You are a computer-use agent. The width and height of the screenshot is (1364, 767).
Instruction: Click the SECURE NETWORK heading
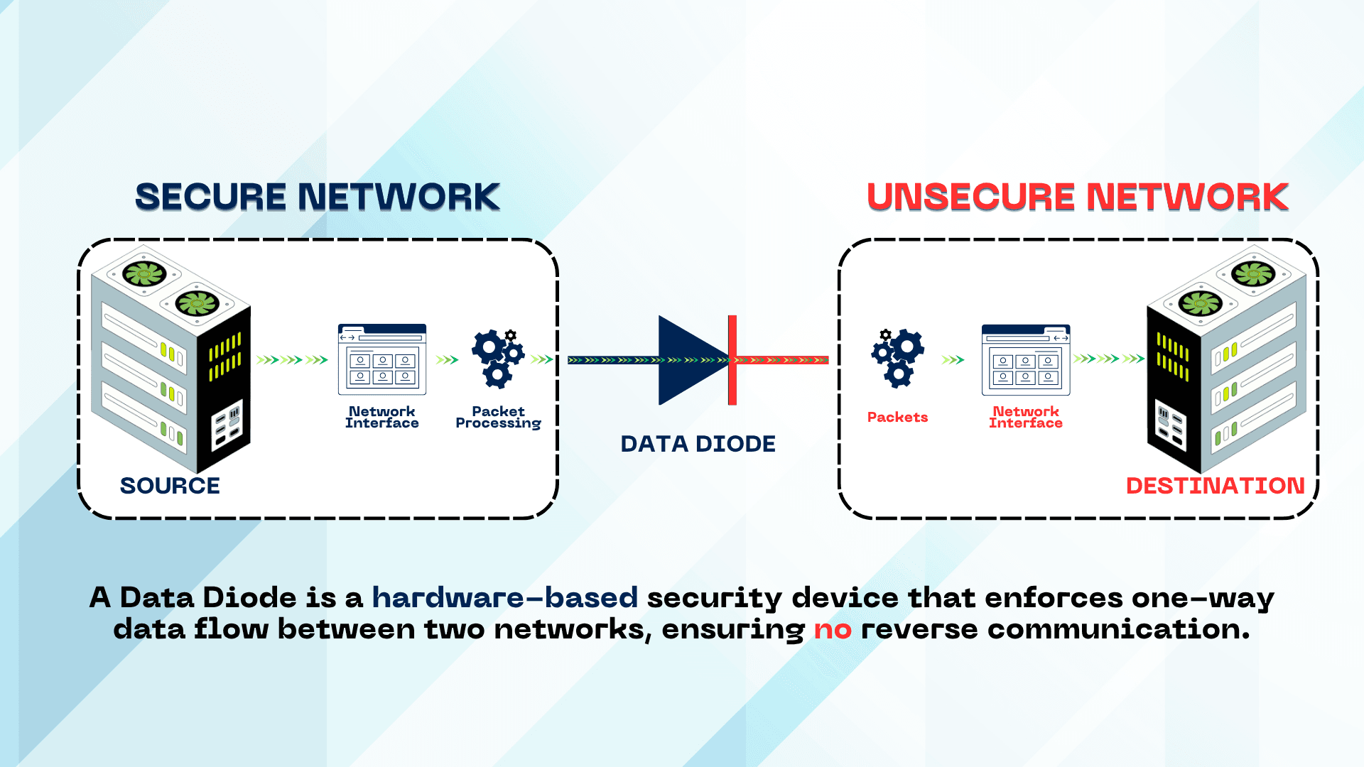pos(318,197)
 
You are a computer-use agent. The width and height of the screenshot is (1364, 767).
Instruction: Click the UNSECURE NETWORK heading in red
pos(1077,197)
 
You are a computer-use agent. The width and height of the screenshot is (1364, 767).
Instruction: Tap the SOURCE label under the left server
pos(170,486)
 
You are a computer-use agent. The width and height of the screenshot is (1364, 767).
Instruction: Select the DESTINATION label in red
pos(1215,486)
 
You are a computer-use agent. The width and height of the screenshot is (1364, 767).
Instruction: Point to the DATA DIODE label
pos(698,444)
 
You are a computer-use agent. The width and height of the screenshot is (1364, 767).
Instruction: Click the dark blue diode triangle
pos(686,360)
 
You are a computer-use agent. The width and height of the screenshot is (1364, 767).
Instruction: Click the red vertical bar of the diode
pos(732,360)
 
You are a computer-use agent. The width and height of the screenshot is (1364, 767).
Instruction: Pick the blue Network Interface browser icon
pos(382,359)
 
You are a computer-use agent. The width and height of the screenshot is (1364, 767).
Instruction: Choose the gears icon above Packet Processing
pos(498,358)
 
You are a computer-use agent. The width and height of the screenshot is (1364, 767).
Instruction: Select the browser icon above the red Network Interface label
pos(1025,359)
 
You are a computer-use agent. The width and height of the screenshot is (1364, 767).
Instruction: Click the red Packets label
pos(897,418)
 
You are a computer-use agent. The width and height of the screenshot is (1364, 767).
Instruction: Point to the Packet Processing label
pos(498,418)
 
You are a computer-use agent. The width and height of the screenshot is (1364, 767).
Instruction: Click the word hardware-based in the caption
pos(504,598)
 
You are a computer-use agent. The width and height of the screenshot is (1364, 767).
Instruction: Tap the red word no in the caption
pos(832,630)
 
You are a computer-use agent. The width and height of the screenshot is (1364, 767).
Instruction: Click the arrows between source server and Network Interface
pos(292,360)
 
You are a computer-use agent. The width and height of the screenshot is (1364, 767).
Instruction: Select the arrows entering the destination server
pos(1108,359)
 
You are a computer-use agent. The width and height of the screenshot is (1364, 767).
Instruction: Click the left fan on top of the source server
pos(144,273)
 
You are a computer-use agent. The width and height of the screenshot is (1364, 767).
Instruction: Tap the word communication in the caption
pos(1118,630)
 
